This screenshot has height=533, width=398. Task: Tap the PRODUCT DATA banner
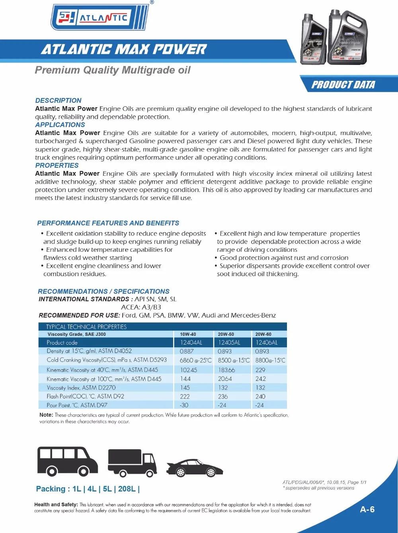(x=343, y=85)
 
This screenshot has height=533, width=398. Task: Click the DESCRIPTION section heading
(x=58, y=100)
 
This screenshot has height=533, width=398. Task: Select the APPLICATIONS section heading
(x=60, y=125)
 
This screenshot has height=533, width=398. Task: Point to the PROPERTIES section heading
(x=57, y=165)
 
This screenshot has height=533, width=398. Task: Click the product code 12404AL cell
(x=191, y=343)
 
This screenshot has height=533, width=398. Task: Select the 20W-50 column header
(x=226, y=334)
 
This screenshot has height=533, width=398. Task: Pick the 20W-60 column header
(x=263, y=334)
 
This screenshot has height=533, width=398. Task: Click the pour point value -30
(x=184, y=405)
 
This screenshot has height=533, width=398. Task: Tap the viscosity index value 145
(x=185, y=388)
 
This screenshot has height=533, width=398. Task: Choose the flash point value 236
(x=223, y=396)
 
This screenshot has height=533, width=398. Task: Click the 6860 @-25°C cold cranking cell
(x=195, y=361)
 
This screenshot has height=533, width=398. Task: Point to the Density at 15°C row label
(x=89, y=351)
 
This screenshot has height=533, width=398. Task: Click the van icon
(x=67, y=461)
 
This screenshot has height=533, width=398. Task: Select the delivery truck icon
(x=132, y=462)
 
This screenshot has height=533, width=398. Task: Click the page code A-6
(x=367, y=509)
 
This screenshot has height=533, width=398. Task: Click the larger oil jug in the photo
(x=348, y=38)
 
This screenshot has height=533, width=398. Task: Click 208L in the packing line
(x=127, y=489)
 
